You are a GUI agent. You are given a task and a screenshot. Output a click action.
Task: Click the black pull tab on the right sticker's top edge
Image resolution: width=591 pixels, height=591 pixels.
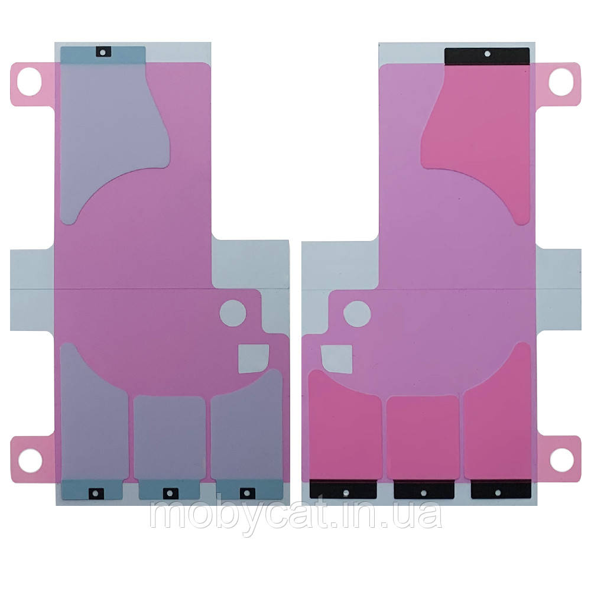(x=487, y=56)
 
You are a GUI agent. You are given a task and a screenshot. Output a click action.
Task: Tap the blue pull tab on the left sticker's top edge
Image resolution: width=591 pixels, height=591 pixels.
(x=103, y=54)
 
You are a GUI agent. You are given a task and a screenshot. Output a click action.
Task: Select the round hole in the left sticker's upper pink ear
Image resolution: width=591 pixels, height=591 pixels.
(x=29, y=82)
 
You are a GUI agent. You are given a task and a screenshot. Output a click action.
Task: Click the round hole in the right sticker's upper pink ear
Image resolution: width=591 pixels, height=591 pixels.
(x=561, y=82)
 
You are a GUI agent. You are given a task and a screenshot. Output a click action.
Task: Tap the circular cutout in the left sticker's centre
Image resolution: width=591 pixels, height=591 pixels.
(x=233, y=313)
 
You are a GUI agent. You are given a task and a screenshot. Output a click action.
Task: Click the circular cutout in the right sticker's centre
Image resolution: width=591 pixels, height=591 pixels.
(x=357, y=314)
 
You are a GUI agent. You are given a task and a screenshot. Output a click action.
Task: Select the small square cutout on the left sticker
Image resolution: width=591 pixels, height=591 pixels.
(x=254, y=359)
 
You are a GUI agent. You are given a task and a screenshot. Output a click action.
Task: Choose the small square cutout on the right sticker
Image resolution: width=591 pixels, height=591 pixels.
(x=337, y=359)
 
